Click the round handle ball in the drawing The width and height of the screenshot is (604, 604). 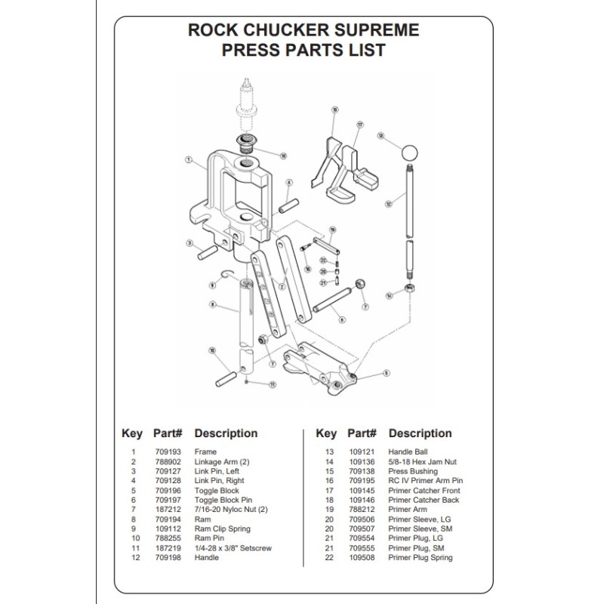(x=408, y=151)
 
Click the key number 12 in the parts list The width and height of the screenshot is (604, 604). (x=133, y=558)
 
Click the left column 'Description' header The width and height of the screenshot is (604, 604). (x=226, y=433)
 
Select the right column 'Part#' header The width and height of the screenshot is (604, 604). (x=362, y=433)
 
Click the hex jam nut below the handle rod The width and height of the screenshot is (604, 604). (x=408, y=291)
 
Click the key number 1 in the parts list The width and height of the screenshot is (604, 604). (x=133, y=451)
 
